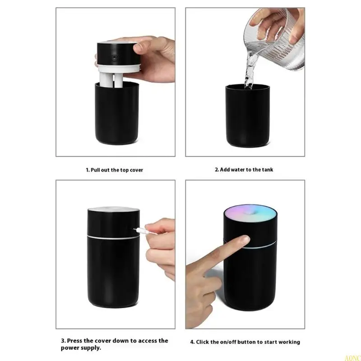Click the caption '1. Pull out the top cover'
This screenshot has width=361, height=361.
(115, 170)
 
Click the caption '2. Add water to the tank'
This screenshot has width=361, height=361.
(244, 170)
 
